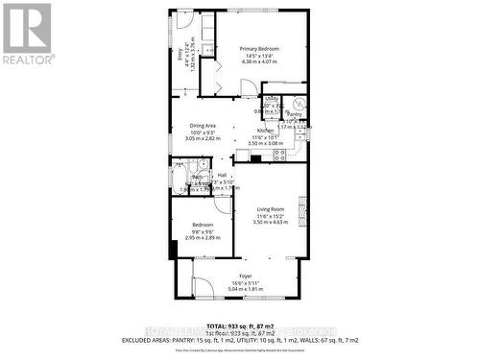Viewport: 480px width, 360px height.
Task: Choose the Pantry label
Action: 294,114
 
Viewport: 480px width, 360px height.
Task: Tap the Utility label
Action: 271,99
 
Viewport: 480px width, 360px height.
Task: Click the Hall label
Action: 222,175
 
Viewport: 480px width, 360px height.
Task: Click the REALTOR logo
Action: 26,34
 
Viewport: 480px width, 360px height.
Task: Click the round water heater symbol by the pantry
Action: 299,103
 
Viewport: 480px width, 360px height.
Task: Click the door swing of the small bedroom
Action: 224,204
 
